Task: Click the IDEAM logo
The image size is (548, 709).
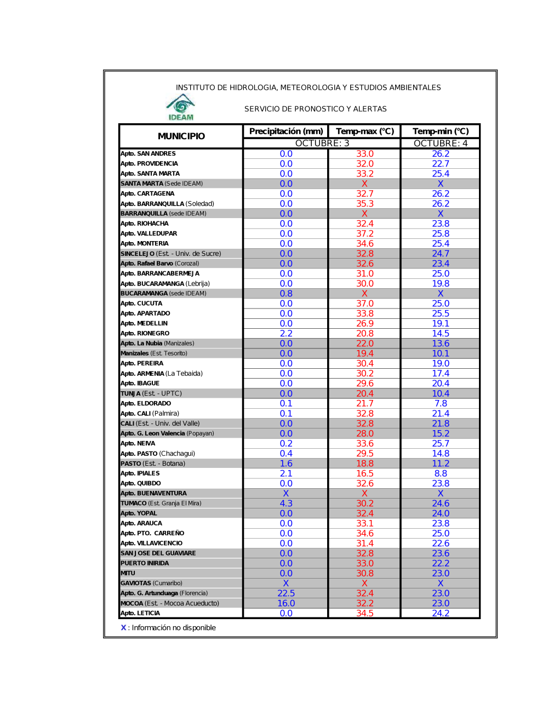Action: point(181,107)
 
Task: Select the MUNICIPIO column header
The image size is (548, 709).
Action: point(181,136)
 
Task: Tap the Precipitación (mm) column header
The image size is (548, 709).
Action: point(286,131)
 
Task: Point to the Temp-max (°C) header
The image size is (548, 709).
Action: point(365,131)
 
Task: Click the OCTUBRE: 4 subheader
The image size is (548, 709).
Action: point(441,144)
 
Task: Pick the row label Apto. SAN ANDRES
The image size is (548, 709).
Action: point(148,154)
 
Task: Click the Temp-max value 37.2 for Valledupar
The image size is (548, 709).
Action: point(365,234)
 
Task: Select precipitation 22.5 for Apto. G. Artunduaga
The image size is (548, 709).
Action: point(286,593)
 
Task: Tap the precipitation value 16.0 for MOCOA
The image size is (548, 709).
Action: point(286,603)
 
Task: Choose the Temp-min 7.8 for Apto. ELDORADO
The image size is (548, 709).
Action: point(441,404)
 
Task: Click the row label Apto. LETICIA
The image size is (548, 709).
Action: point(140,614)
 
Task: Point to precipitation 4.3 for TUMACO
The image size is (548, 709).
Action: point(286,504)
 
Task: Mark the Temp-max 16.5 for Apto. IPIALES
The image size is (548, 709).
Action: point(365,473)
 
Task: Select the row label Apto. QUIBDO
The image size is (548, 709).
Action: point(141,484)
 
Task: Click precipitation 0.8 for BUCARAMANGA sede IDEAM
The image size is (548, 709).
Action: point(286,294)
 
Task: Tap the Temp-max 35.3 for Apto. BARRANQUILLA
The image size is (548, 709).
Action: point(365,204)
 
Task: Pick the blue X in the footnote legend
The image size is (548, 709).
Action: point(123,628)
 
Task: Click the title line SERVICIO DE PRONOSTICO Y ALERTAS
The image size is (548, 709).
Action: point(316,109)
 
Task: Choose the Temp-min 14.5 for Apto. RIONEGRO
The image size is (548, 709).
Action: point(441,334)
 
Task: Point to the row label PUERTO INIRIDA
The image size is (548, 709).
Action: point(145,563)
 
